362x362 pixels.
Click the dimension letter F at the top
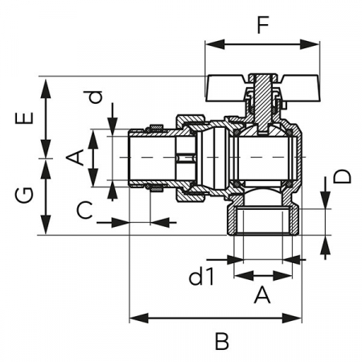[263, 25]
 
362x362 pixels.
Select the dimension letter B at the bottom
[222, 341]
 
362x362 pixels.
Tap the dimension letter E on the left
[24, 118]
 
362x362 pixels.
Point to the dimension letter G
[24, 195]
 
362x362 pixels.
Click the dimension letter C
[84, 210]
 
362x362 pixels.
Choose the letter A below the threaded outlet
[262, 294]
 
